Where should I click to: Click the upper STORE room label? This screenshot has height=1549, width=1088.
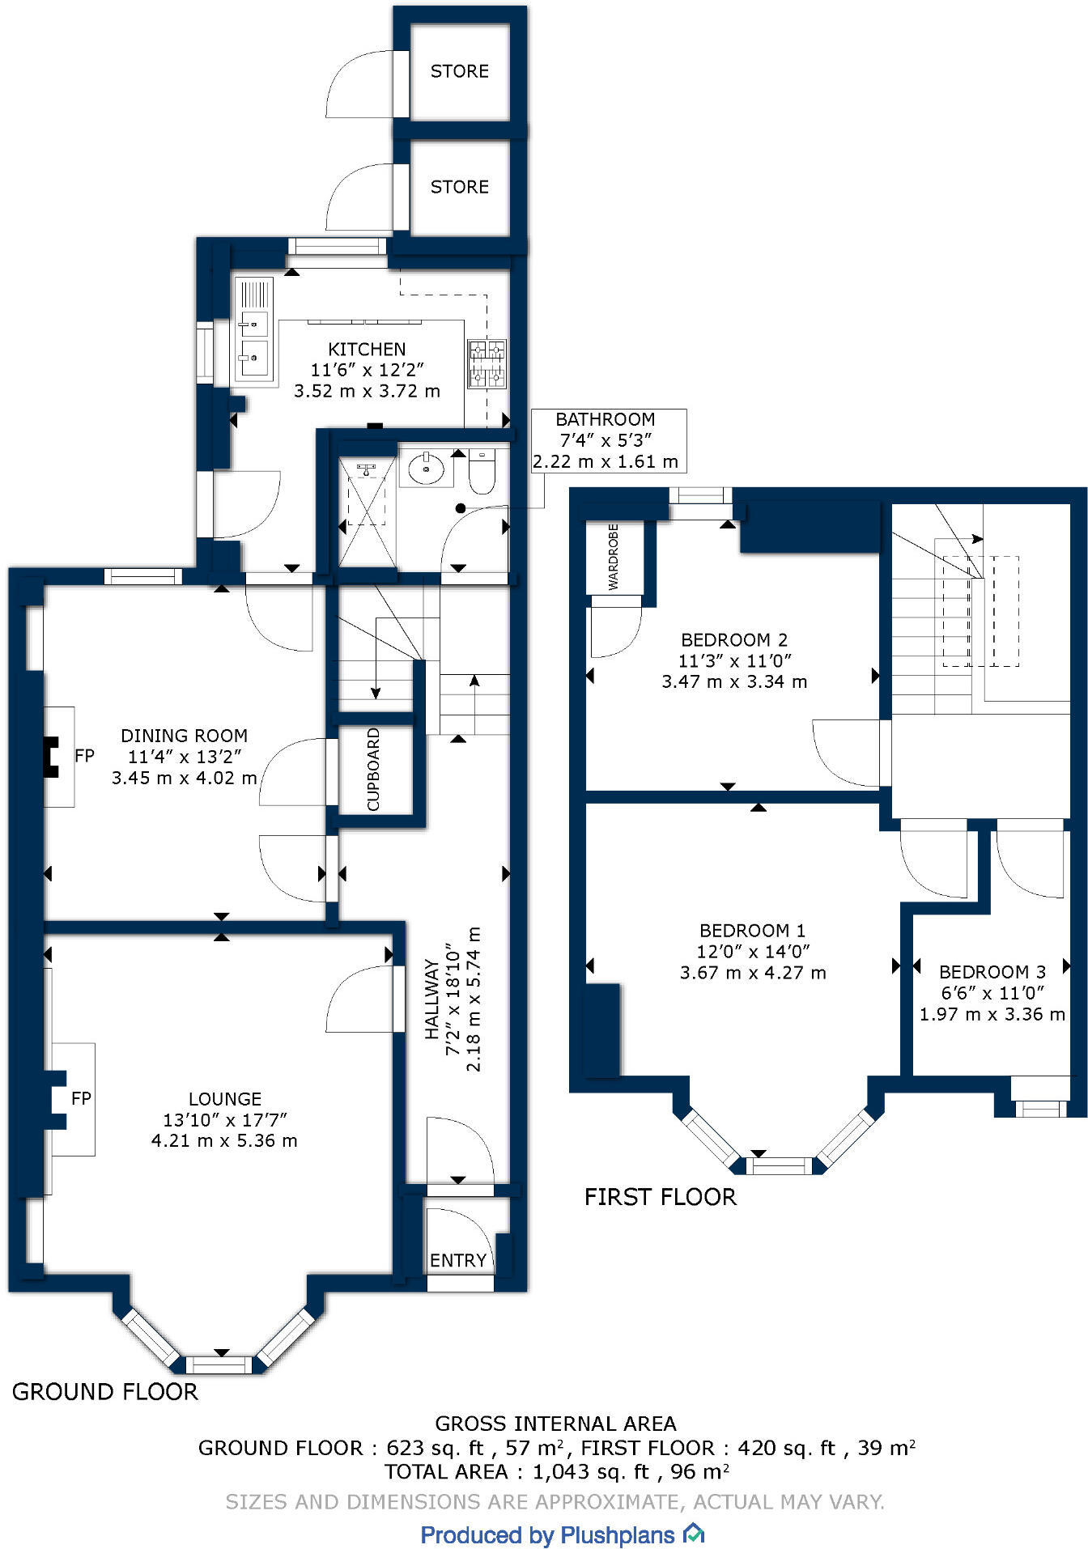tap(459, 71)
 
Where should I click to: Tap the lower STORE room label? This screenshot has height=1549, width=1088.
tap(459, 187)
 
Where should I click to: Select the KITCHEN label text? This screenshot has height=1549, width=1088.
tap(367, 350)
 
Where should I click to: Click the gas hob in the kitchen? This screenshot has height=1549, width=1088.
tap(487, 363)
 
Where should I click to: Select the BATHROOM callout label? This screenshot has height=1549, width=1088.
tap(605, 419)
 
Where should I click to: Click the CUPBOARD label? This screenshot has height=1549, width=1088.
tap(373, 769)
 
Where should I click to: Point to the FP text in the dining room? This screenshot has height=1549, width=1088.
tap(84, 756)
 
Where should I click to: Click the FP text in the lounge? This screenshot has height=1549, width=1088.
tap(81, 1098)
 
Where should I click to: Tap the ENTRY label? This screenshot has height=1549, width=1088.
tap(457, 1260)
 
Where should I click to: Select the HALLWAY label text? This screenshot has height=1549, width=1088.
tap(432, 1000)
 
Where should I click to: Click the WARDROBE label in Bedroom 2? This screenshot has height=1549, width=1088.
tap(613, 556)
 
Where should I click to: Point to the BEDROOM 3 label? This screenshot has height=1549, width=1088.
tap(992, 972)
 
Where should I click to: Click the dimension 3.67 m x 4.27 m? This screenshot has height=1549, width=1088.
tap(753, 973)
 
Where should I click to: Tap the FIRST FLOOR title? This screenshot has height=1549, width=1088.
tap(661, 1197)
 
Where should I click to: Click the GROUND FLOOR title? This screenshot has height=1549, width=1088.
tap(105, 1392)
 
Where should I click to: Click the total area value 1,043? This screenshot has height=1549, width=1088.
tap(560, 1471)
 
